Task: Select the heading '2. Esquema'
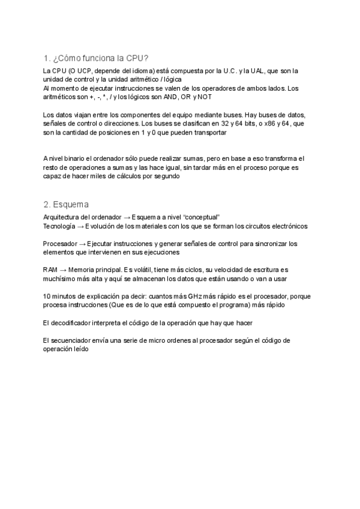click(x=66, y=204)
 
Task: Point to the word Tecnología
click(x=59, y=226)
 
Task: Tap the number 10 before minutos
click(x=47, y=297)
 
